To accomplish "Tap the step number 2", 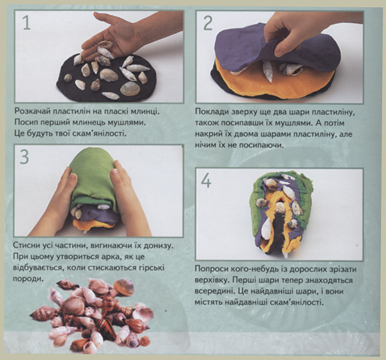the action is point(208,24).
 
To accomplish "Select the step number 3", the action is point(24,157).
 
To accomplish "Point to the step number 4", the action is point(207,181).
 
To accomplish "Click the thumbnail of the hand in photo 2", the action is point(279,53).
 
